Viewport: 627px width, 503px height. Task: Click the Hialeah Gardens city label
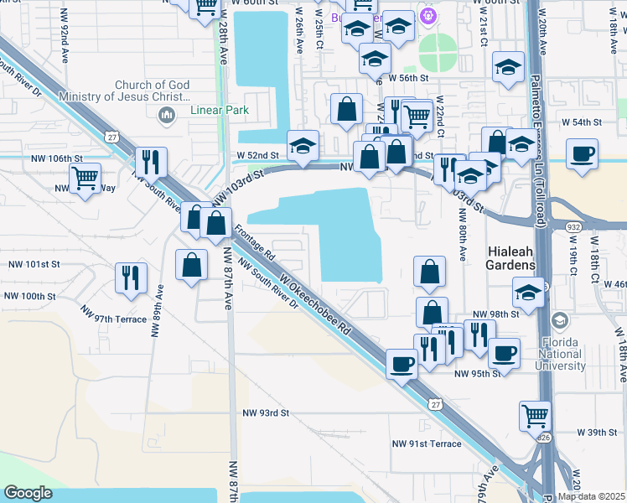pos(511,257)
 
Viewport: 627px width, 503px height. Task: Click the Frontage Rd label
pos(255,241)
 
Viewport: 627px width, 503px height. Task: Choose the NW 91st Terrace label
pos(427,443)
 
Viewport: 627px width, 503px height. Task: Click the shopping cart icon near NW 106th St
pos(85,177)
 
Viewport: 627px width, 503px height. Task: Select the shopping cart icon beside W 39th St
pos(535,413)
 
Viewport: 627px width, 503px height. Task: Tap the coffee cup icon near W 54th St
pos(582,153)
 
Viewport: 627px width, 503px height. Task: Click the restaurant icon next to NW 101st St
pos(132,277)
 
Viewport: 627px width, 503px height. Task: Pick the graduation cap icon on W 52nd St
pos(303,145)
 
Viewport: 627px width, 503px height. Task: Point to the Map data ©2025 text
pos(591,496)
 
